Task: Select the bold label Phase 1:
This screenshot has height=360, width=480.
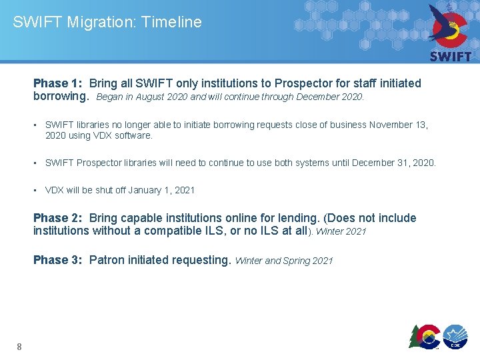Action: click(x=59, y=83)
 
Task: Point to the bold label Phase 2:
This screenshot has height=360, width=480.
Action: click(x=59, y=218)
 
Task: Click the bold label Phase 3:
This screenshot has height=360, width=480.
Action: click(x=59, y=260)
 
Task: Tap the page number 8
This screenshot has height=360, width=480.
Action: click(x=19, y=346)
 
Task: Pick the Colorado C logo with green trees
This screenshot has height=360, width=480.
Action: click(x=425, y=336)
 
